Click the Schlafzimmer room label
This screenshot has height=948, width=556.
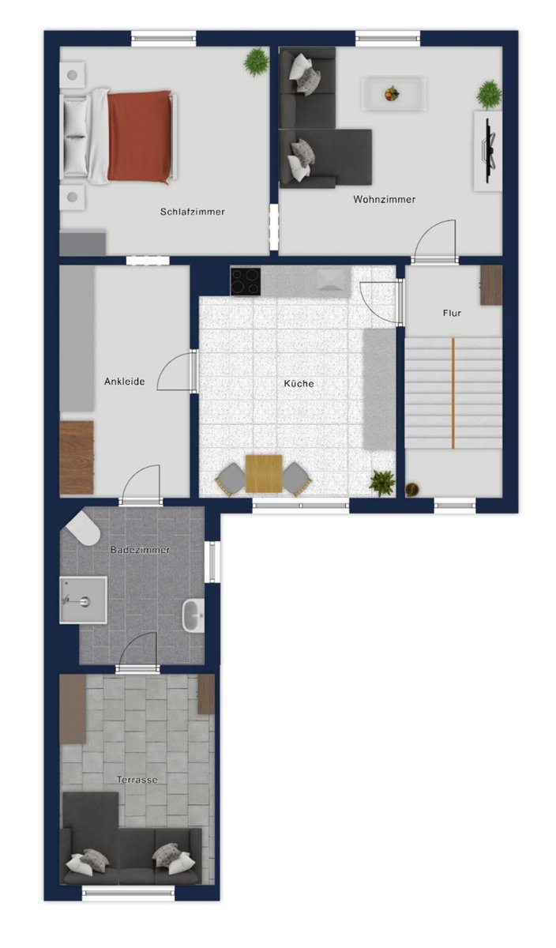[192, 212]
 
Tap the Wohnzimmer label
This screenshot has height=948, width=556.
[384, 199]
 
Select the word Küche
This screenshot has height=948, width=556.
[299, 383]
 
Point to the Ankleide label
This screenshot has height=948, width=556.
[125, 382]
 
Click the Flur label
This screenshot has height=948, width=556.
[452, 313]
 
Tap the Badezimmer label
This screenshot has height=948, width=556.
[140, 550]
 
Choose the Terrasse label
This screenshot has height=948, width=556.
[137, 780]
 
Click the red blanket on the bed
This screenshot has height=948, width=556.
[140, 137]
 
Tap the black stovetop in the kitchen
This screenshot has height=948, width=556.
[246, 281]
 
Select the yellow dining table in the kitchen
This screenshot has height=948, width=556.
[264, 474]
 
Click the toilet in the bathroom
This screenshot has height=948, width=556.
[82, 529]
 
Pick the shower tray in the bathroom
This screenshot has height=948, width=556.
[83, 600]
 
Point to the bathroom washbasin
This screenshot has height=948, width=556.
[193, 615]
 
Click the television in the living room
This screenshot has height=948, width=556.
[490, 151]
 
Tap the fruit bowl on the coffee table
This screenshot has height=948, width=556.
[392, 93]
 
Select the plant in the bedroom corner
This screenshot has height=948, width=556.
[256, 62]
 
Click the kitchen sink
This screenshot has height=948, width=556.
[331, 280]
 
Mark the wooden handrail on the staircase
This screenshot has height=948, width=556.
[453, 393]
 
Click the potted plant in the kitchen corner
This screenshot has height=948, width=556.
[382, 483]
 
